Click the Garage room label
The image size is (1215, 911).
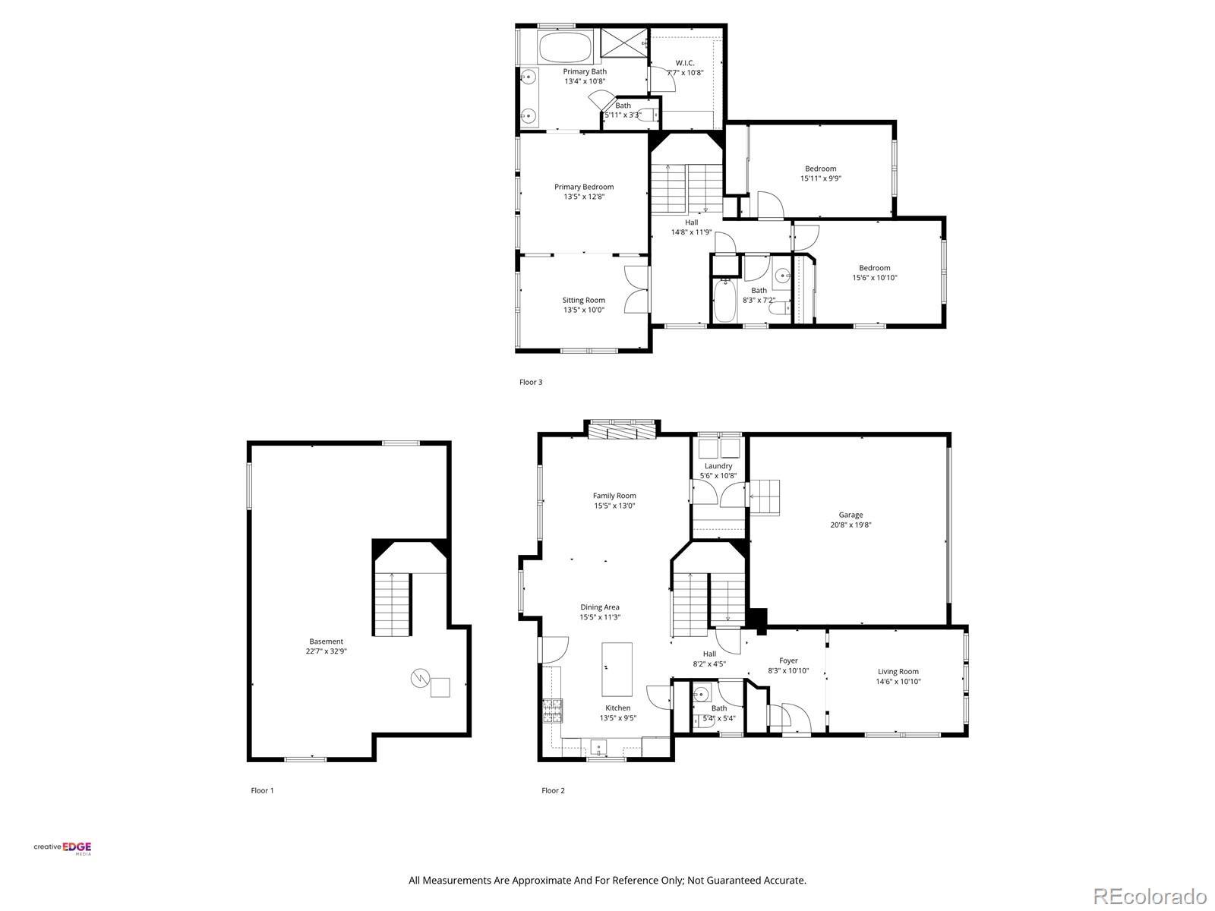(x=850, y=515)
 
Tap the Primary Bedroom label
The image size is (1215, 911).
(x=584, y=187)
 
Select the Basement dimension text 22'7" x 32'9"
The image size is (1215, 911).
(x=326, y=651)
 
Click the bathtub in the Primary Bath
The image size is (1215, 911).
(x=566, y=47)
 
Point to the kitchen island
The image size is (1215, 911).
(x=617, y=670)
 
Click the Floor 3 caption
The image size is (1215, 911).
(x=531, y=382)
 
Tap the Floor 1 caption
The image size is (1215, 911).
(x=263, y=790)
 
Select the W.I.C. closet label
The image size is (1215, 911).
(x=685, y=63)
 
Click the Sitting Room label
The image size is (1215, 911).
(x=584, y=301)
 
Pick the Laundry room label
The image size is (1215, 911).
(x=718, y=465)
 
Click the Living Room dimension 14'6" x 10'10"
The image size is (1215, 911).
(x=898, y=682)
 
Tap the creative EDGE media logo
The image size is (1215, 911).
(x=62, y=849)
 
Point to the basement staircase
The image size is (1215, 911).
(x=392, y=604)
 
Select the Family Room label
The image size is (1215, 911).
(x=614, y=496)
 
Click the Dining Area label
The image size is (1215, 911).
(x=600, y=607)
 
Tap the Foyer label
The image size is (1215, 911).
(x=788, y=660)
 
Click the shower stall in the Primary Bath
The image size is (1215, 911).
(x=624, y=42)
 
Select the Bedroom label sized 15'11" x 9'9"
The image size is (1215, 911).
(x=820, y=169)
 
